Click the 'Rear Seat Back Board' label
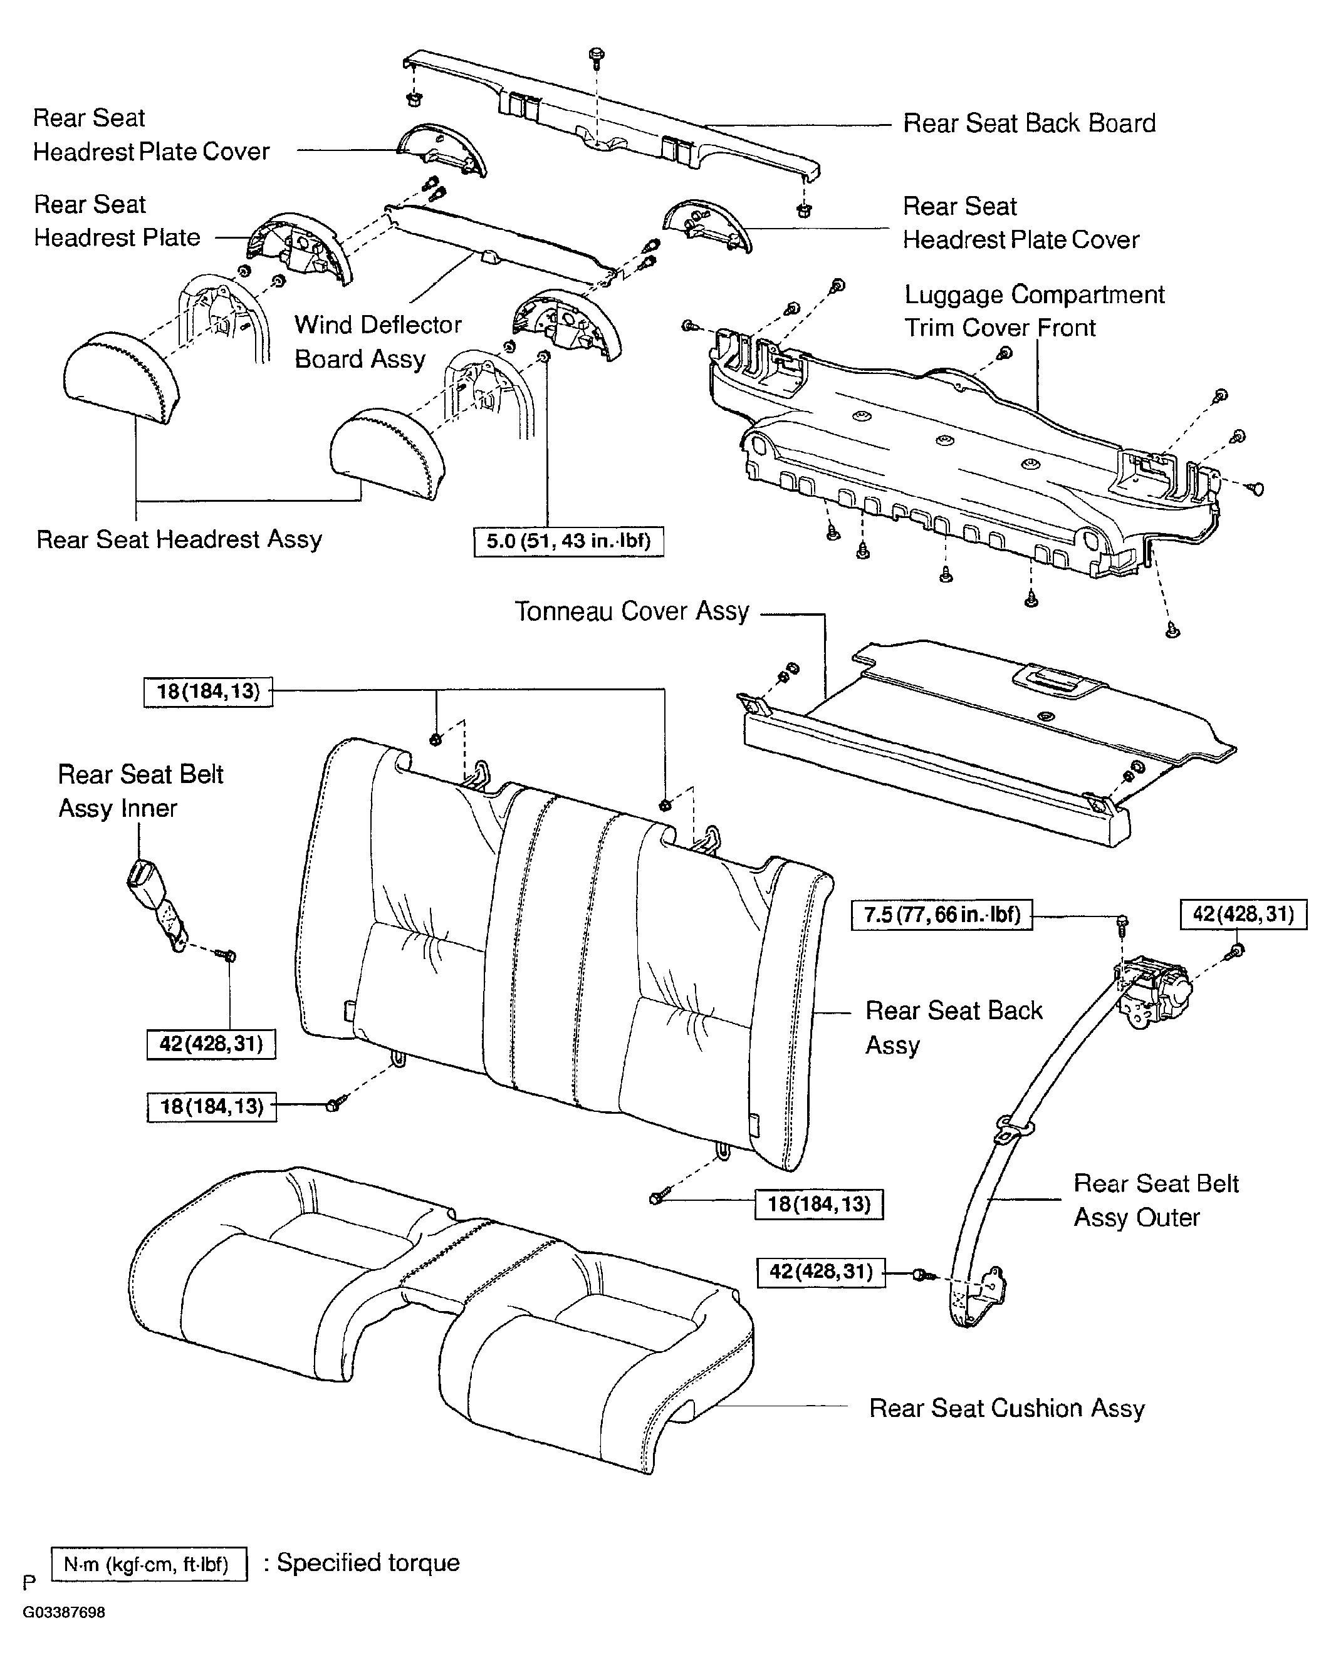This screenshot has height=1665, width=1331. coord(1029,123)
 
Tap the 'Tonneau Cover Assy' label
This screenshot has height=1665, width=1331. coord(632,611)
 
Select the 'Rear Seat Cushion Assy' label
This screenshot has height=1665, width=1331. coord(1006,1408)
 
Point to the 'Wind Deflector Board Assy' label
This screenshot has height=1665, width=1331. coord(378,341)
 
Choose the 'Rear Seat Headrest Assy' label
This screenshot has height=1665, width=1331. coord(179,539)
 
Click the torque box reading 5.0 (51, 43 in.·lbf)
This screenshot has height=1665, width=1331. coord(568,541)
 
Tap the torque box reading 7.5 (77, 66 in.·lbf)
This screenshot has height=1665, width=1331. coord(942,915)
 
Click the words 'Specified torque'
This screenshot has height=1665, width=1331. coord(368,1563)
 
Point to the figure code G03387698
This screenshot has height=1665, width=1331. coord(63,1612)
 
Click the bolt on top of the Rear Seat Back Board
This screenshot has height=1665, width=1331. coord(597,55)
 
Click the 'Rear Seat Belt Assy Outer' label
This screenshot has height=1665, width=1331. coord(1156,1200)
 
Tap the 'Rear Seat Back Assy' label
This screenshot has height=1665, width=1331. coord(953,1027)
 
